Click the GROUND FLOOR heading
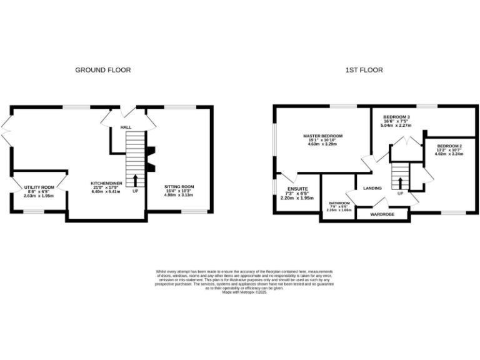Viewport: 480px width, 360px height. pyautogui.click(x=103, y=70)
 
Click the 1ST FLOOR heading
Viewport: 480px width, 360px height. pyautogui.click(x=364, y=70)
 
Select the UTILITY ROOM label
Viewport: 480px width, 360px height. pyautogui.click(x=39, y=187)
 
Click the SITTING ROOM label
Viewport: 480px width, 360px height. pyautogui.click(x=179, y=186)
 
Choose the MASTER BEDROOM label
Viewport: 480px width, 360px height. pyautogui.click(x=322, y=136)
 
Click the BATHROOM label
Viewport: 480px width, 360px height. pyautogui.click(x=340, y=202)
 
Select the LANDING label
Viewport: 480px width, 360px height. pyautogui.click(x=373, y=187)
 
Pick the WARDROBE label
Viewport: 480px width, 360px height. pyautogui.click(x=381, y=214)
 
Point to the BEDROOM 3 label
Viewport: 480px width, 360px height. pyautogui.click(x=396, y=117)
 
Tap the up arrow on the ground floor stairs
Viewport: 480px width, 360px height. pyautogui.click(x=135, y=180)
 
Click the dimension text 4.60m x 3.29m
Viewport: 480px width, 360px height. pyautogui.click(x=322, y=144)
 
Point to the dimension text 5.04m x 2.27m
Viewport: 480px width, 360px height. pyautogui.click(x=396, y=126)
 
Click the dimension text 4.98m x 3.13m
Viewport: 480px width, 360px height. pyautogui.click(x=179, y=194)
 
